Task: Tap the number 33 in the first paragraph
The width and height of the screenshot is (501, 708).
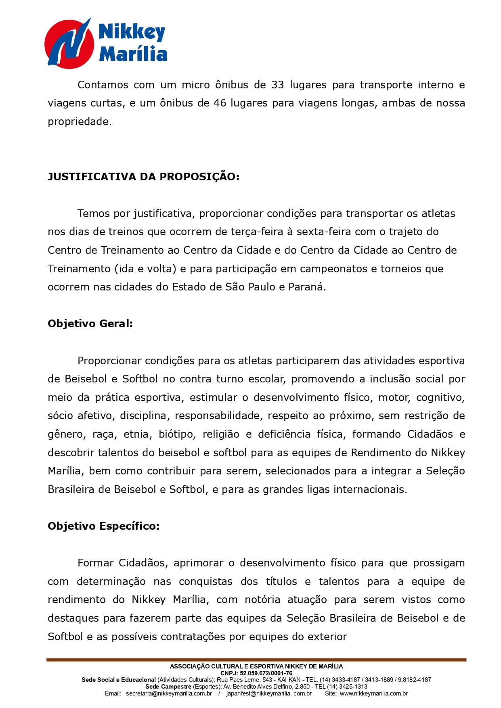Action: click(278, 85)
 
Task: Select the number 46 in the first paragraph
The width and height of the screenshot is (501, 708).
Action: click(220, 103)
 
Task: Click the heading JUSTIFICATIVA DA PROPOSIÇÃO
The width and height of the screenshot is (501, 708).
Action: click(143, 177)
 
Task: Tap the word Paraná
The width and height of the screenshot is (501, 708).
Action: click(306, 287)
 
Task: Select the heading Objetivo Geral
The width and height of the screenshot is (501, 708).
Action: click(90, 324)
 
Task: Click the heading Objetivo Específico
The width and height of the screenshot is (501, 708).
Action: click(103, 526)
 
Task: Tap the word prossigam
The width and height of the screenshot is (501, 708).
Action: click(438, 563)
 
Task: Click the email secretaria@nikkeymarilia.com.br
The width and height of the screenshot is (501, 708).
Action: click(169, 693)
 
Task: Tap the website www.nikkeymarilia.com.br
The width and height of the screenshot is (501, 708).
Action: click(373, 693)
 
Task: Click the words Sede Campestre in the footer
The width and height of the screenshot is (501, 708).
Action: click(168, 687)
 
